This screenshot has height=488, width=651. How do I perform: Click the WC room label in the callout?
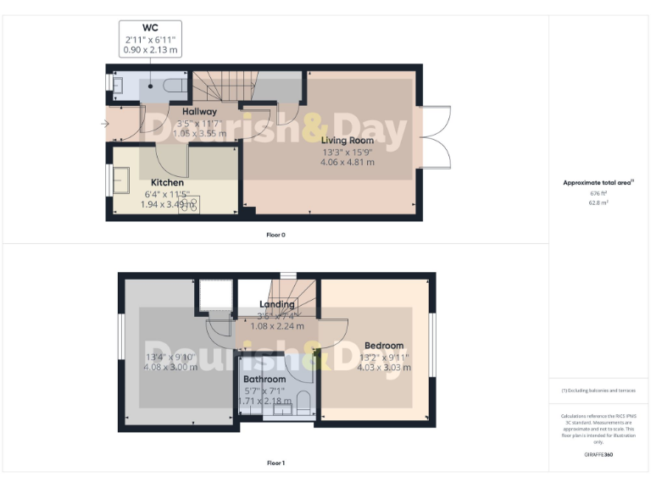click(150, 28)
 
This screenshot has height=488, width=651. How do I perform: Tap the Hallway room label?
click(199, 111)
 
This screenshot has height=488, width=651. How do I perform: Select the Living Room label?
click(348, 140)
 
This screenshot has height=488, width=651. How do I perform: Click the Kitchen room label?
click(167, 182)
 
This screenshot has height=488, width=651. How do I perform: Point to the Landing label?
click(277, 304)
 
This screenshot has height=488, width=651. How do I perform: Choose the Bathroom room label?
click(264, 379)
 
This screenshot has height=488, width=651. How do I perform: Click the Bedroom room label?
click(384, 346)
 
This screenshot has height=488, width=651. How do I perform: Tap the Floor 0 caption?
click(275, 234)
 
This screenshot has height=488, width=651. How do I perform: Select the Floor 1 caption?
click(275, 463)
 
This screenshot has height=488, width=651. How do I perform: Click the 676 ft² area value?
click(598, 193)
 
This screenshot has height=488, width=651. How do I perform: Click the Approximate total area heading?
click(598, 182)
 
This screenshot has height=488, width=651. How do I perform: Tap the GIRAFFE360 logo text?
click(598, 455)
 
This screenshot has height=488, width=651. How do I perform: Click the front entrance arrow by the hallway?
click(103, 125)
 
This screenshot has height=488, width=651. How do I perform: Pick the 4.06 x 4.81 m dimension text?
click(348, 162)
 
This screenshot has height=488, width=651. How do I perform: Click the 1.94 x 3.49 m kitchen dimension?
click(167, 204)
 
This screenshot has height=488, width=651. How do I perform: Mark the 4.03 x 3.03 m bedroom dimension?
click(384, 368)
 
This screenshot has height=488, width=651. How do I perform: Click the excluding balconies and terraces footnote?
click(598, 390)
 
